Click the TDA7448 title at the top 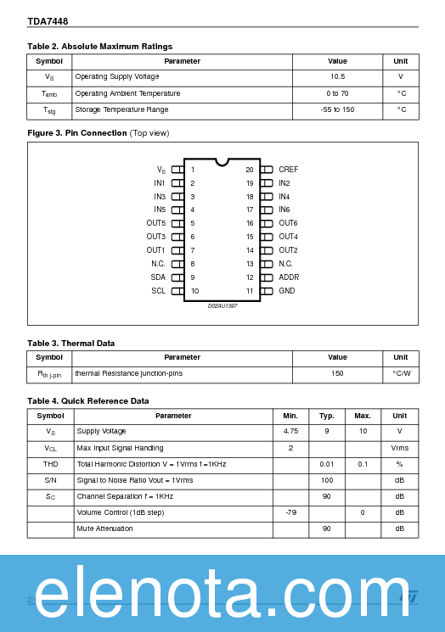[x=48, y=20]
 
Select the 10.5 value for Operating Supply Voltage [x=337, y=77]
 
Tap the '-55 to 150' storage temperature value [x=337, y=109]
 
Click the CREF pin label [x=288, y=170]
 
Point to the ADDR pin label [x=289, y=277]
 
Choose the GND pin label [x=287, y=291]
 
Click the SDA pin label [x=159, y=277]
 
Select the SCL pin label [x=159, y=291]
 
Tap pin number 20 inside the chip [x=250, y=170]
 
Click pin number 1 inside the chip [x=193, y=170]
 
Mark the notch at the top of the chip [x=222, y=161]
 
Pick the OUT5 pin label [x=155, y=223]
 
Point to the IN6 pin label [x=284, y=210]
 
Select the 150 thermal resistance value [x=337, y=373]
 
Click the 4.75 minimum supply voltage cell [x=290, y=432]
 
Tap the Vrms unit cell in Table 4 [x=399, y=448]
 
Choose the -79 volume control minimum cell [x=290, y=512]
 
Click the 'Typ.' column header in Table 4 [x=326, y=416]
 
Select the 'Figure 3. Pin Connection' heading [x=77, y=133]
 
